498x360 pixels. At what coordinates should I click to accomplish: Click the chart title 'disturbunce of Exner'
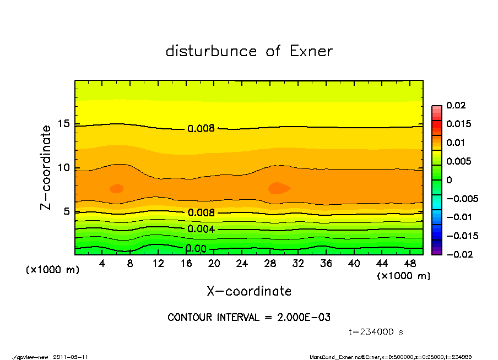point(249,52)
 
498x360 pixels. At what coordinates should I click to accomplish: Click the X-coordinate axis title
point(249,291)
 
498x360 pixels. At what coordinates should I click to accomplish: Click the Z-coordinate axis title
point(46,167)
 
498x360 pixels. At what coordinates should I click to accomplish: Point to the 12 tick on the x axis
point(158,264)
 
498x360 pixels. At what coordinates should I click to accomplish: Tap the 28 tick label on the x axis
point(270,264)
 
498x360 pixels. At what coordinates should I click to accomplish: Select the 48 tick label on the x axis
point(410,264)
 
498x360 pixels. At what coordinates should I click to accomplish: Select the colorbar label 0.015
point(458,124)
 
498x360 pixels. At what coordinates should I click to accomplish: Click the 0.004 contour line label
point(201,229)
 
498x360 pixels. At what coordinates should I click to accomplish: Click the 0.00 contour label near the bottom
point(196,249)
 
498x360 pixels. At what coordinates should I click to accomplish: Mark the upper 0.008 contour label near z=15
point(201,129)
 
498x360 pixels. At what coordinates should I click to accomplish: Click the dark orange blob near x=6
point(116,188)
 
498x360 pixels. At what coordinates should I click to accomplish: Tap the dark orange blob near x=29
point(279,188)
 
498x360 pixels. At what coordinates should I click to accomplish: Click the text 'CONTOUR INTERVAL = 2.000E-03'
point(249,318)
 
